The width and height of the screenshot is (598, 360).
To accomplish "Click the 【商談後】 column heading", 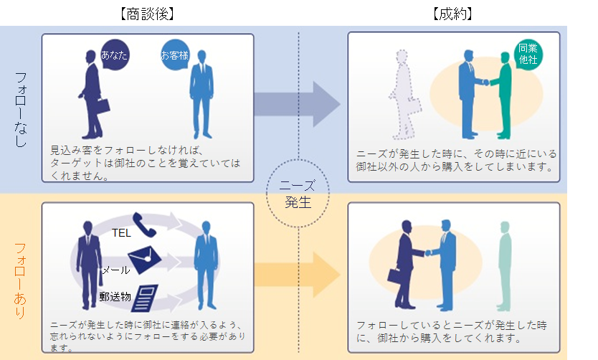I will [146, 13].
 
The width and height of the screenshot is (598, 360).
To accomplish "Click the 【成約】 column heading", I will [453, 13].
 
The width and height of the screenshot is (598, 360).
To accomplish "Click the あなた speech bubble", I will [115, 54].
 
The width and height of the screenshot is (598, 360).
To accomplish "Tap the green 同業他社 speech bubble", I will [528, 54].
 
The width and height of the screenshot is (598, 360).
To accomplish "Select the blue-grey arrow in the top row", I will [297, 104].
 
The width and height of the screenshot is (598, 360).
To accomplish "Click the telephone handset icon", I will [146, 225].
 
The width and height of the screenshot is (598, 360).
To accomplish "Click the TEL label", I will [121, 232].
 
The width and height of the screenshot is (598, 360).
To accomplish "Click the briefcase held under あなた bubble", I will [101, 105].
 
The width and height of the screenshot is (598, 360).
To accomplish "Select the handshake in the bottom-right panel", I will [428, 252].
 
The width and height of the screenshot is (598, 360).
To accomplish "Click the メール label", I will [115, 270].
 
